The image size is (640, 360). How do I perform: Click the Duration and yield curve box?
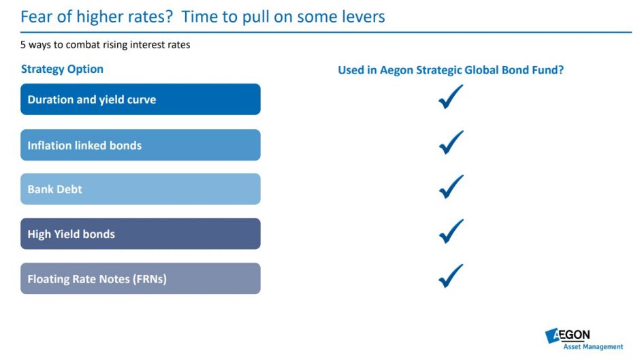pos(140,99)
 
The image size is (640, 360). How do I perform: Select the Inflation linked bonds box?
pos(140,145)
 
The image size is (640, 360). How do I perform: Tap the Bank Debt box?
pos(140,189)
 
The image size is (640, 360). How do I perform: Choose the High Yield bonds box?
pos(140,233)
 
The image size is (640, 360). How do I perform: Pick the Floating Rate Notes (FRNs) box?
pos(140,278)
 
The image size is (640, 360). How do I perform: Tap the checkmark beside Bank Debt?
pos(450,187)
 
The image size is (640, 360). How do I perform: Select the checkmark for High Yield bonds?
pos(450,232)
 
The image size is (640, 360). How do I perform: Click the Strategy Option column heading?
pos(62,69)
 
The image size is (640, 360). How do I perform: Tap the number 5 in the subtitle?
pos(23,44)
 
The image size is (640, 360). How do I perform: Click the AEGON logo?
pos(567,336)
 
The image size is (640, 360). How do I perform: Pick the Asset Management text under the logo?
pos(593,347)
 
